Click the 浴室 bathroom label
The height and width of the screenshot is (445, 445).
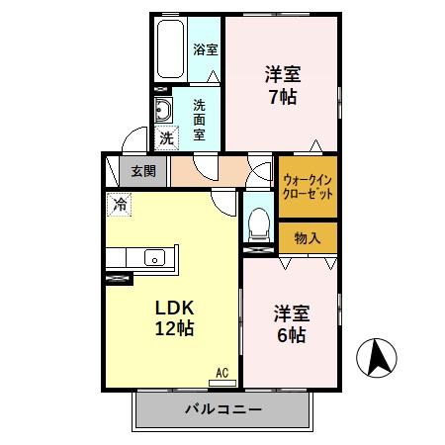point(206,49)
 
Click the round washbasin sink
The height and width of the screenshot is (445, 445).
point(162,108)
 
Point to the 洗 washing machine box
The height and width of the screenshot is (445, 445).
point(166,136)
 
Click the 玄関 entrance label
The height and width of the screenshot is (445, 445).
point(143,171)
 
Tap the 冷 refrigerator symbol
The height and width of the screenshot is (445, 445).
point(119,206)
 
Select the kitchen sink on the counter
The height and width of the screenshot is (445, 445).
point(155,258)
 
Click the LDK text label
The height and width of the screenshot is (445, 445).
point(172,306)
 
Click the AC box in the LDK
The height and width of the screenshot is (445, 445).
point(222,373)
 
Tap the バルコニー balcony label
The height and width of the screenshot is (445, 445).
point(222,408)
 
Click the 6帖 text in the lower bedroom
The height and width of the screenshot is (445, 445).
point(291,335)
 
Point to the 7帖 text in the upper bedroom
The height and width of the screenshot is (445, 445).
point(283,98)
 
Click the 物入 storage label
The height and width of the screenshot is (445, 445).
point(308,238)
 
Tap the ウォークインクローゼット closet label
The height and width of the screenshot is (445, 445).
point(308,187)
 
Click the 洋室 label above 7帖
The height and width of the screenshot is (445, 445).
point(283,74)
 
